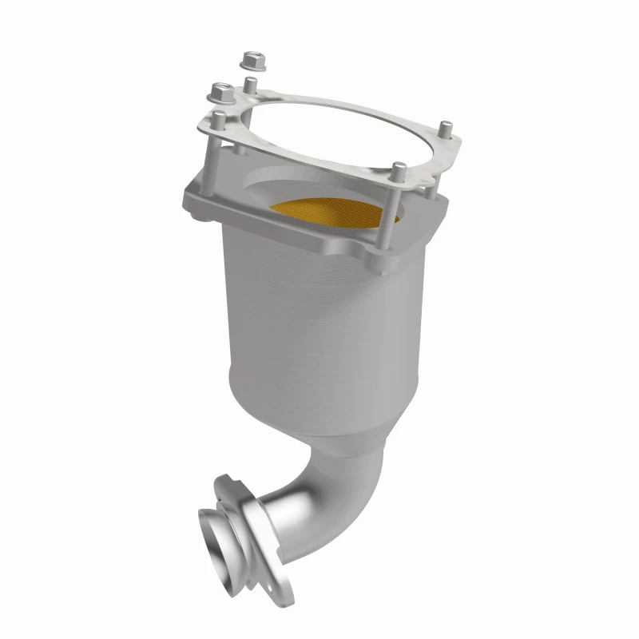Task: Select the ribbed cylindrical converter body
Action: point(319,319)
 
